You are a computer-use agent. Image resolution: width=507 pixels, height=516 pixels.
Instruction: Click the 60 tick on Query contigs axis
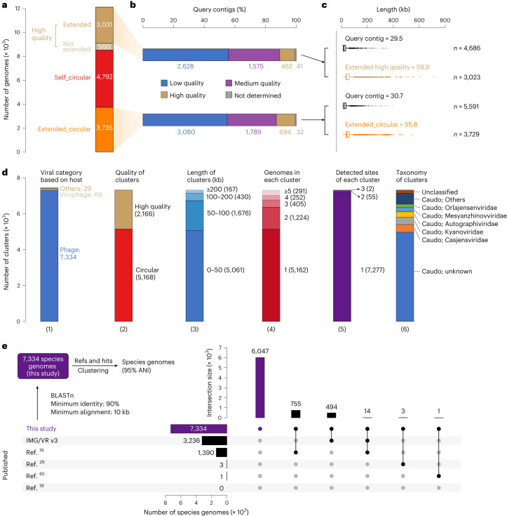tap(234, 20)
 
